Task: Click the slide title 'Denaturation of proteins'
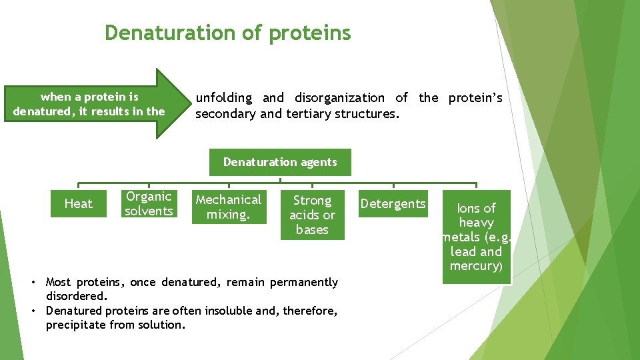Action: pyautogui.click(x=227, y=33)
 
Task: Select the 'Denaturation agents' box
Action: pyautogui.click(x=280, y=162)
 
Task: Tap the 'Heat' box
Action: pyautogui.click(x=79, y=203)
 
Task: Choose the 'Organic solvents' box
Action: pyautogui.click(x=149, y=203)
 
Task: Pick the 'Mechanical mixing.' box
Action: pyautogui.click(x=229, y=207)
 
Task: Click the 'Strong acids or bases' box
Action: pyautogui.click(x=312, y=215)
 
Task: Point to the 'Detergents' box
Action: pyautogui.click(x=393, y=203)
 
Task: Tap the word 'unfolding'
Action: pyautogui.click(x=224, y=98)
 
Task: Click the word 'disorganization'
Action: pyautogui.click(x=339, y=98)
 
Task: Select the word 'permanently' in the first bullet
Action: pyautogui.click(x=306, y=282)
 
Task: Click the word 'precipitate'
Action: pyautogui.click(x=77, y=325)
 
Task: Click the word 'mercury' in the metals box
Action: pyautogui.click(x=474, y=266)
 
